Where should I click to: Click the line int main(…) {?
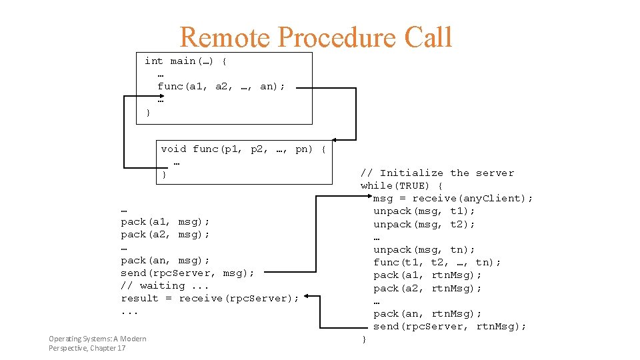(186, 61)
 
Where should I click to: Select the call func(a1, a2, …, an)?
(221, 87)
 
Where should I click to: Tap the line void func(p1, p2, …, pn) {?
(243, 149)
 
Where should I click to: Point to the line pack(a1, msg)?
(165, 222)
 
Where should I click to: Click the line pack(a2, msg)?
(165, 235)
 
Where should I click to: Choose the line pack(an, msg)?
(165, 261)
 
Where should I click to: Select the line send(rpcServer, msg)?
(187, 273)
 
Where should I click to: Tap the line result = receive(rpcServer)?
(210, 299)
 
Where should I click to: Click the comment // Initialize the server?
(437, 173)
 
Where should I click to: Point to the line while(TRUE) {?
(402, 186)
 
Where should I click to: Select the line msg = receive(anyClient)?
(453, 199)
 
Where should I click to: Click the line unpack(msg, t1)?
(424, 211)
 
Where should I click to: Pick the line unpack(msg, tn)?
(424, 250)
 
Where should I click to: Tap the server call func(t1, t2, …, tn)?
(437, 263)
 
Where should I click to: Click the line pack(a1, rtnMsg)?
(427, 275)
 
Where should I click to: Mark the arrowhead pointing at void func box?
(335, 140)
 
